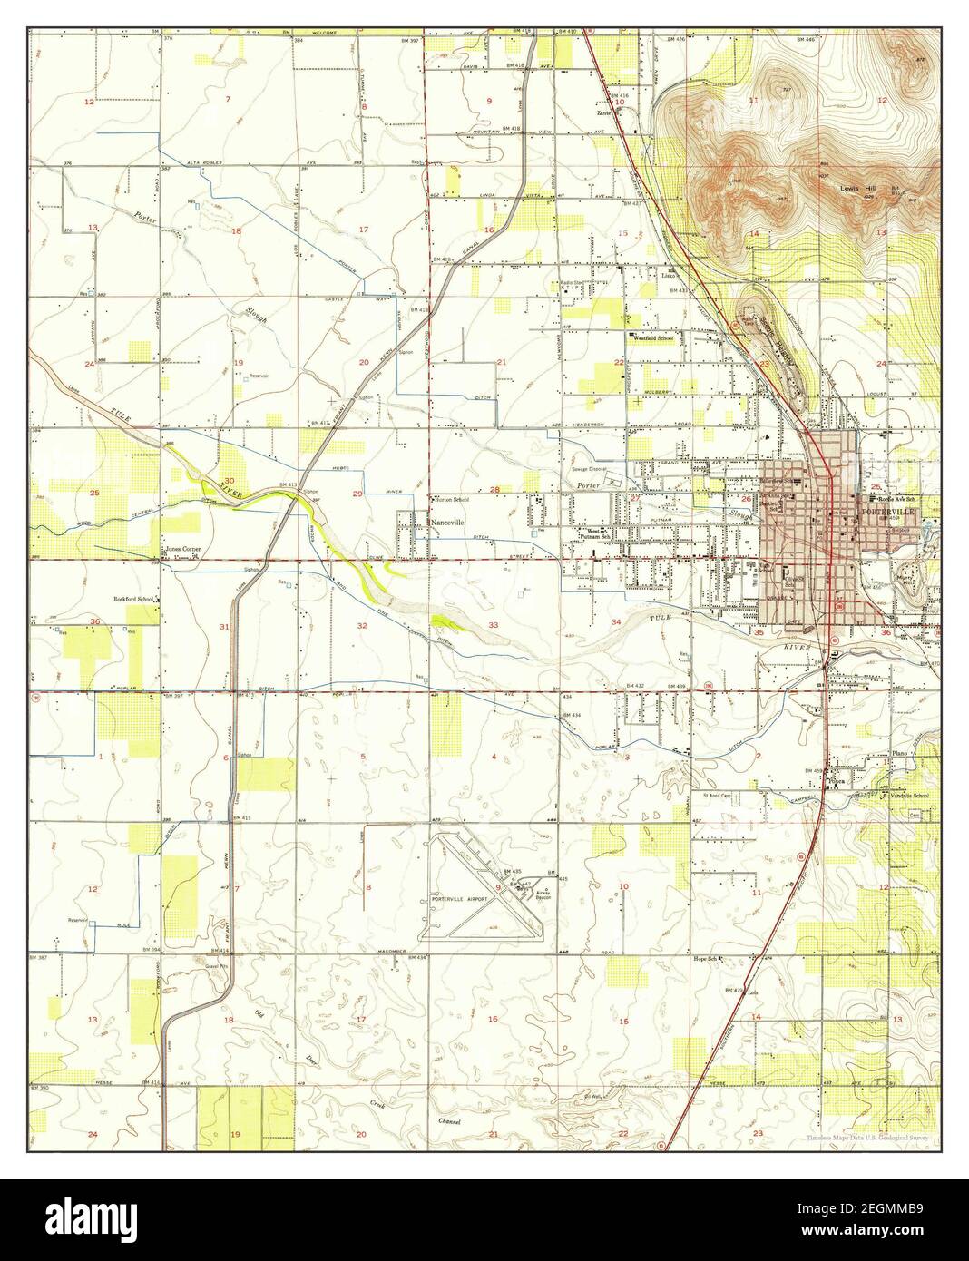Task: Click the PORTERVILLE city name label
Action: (893, 512)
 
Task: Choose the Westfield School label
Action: (653, 337)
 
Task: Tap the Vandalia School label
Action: (907, 796)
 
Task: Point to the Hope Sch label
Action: (706, 958)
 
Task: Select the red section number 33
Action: (494, 625)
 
